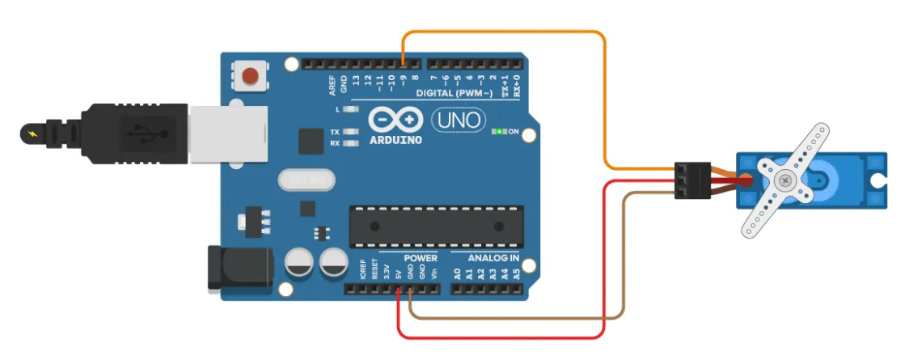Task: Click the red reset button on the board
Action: [251, 76]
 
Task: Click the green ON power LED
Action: [500, 130]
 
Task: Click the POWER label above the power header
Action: [420, 258]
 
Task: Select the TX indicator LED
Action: [350, 132]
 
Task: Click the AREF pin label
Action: [332, 83]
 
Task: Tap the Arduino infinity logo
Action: [396, 121]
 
